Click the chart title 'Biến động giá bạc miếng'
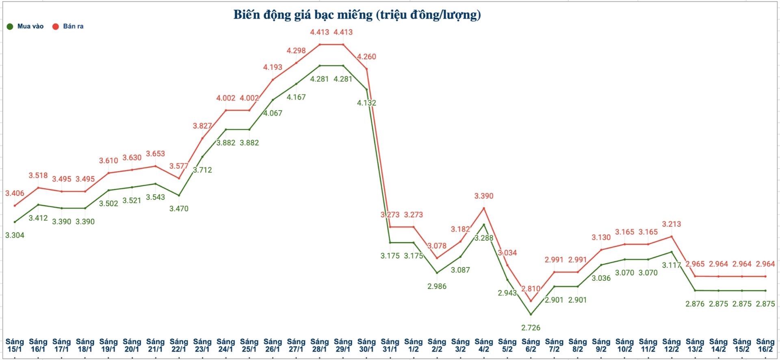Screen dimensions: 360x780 (x=357, y=15)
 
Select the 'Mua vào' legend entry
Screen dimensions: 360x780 (x=25, y=26)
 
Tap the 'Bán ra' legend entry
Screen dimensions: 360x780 (x=68, y=26)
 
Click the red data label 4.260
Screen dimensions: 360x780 (x=366, y=57)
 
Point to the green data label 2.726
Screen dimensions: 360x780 (x=531, y=327)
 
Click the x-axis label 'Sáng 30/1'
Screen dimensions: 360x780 (x=366, y=345)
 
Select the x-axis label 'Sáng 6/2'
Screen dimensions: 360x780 (x=531, y=345)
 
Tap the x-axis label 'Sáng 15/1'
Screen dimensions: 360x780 (x=15, y=345)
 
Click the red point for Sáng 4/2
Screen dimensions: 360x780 (x=484, y=208)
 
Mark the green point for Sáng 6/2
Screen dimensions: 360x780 (x=531, y=314)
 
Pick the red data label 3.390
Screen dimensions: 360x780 (x=484, y=196)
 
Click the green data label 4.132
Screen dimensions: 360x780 (x=366, y=103)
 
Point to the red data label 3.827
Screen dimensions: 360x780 (x=202, y=126)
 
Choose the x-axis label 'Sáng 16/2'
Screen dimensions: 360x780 (x=765, y=345)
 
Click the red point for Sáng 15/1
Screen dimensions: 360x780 (x=15, y=206)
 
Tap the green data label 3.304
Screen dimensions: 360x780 (x=15, y=235)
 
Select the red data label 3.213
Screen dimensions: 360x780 (x=672, y=224)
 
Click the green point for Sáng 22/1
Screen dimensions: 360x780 (x=179, y=195)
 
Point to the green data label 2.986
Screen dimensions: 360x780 (x=437, y=286)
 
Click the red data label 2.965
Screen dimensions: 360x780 (x=695, y=264)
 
